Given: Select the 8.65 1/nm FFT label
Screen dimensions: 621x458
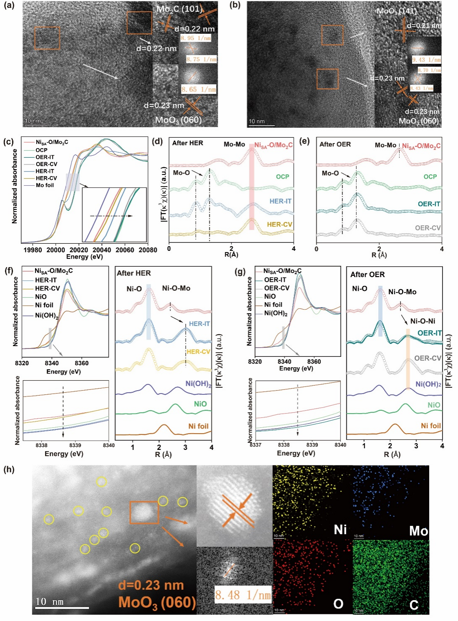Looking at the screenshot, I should tap(199, 89).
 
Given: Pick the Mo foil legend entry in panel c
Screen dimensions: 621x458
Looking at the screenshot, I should tap(45, 185).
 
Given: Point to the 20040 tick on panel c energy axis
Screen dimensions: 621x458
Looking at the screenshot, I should tap(102, 250).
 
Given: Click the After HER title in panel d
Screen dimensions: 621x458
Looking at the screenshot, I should tap(188, 143).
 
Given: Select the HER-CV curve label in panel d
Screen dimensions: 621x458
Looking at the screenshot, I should tap(279, 225).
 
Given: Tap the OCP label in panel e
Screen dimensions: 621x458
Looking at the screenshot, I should tap(430, 177).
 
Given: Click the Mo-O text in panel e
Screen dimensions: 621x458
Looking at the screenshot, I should tap(330, 173).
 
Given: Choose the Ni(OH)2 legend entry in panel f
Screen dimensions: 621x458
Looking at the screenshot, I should tap(47, 316).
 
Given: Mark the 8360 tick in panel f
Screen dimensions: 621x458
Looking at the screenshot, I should tap(82, 363).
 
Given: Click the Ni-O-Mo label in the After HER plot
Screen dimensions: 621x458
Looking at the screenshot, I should tap(176, 288).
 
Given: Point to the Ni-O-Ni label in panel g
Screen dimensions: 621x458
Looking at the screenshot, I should tap(423, 321).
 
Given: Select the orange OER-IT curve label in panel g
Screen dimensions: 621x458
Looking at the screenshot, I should tap(429, 333).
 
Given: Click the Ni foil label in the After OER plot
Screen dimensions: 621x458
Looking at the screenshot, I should tap(430, 426).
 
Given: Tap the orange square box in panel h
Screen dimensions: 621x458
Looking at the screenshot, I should tap(144, 512).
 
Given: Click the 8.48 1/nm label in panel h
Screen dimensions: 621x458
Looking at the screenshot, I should tap(243, 595).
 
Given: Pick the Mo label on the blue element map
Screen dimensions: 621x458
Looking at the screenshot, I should tap(418, 531).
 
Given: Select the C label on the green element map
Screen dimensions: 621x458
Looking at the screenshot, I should tap(414, 605).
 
